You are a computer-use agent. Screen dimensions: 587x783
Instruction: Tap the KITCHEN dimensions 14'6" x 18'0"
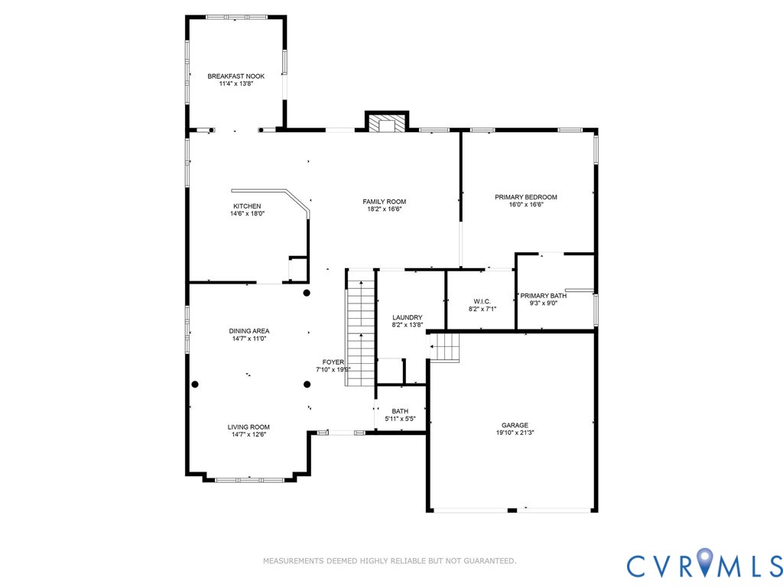(247, 214)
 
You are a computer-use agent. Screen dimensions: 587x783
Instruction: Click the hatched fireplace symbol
(386, 125)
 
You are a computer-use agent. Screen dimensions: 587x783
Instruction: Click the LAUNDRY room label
(407, 317)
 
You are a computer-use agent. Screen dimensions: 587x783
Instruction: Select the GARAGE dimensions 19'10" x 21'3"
(515, 433)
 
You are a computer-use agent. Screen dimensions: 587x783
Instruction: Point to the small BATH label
(400, 411)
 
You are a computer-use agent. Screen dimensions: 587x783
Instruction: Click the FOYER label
(333, 362)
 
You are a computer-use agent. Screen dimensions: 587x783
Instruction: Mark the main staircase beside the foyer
(360, 332)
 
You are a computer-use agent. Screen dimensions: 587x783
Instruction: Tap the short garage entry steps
(444, 348)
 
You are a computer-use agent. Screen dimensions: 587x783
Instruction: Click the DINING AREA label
(249, 331)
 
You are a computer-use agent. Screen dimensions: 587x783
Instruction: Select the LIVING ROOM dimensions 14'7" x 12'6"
(249, 435)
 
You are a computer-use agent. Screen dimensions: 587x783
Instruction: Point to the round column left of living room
(195, 384)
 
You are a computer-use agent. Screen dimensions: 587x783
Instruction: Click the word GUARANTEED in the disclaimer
(489, 561)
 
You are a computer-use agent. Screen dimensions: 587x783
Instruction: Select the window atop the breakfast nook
(236, 16)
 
